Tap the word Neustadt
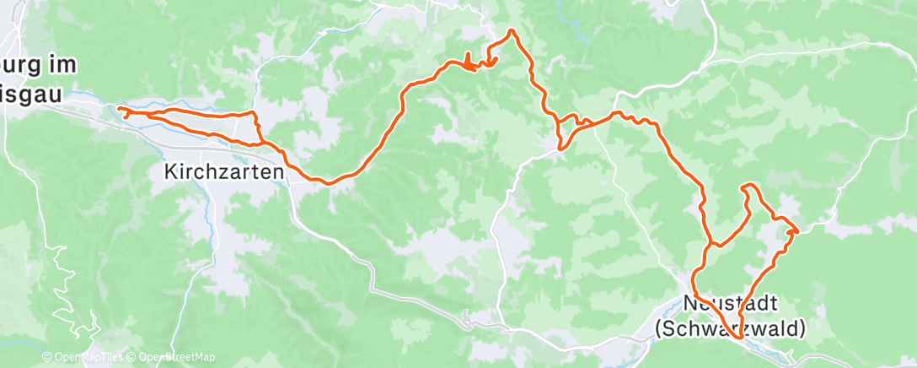(730, 301)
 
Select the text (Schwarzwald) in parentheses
(730, 327)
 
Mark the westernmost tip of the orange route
(119, 110)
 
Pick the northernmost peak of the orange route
(510, 31)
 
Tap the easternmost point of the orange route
(796, 228)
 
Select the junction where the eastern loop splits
(713, 245)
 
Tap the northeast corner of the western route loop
(252, 112)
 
